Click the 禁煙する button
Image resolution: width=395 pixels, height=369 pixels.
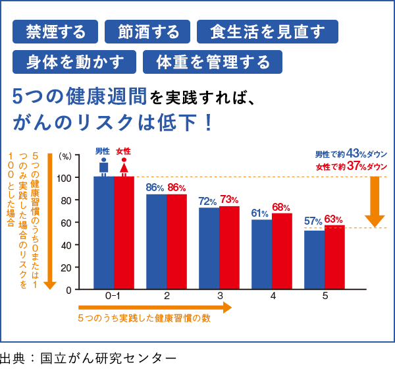pyautogui.click(x=55, y=31)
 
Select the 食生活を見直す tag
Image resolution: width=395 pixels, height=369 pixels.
pyautogui.click(x=267, y=31)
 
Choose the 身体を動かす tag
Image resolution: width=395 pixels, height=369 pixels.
pyautogui.click(x=76, y=62)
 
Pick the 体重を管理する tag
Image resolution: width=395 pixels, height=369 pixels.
pyautogui.click(x=213, y=62)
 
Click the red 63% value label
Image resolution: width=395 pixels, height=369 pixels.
pyautogui.click(x=334, y=219)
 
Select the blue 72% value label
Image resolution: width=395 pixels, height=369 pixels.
pyautogui.click(x=208, y=201)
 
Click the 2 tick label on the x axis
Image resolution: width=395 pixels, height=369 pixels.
pyautogui.click(x=167, y=297)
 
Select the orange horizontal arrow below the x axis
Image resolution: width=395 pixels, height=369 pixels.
pyautogui.click(x=155, y=308)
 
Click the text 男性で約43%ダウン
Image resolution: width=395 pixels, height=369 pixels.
pyautogui.click(x=351, y=154)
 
